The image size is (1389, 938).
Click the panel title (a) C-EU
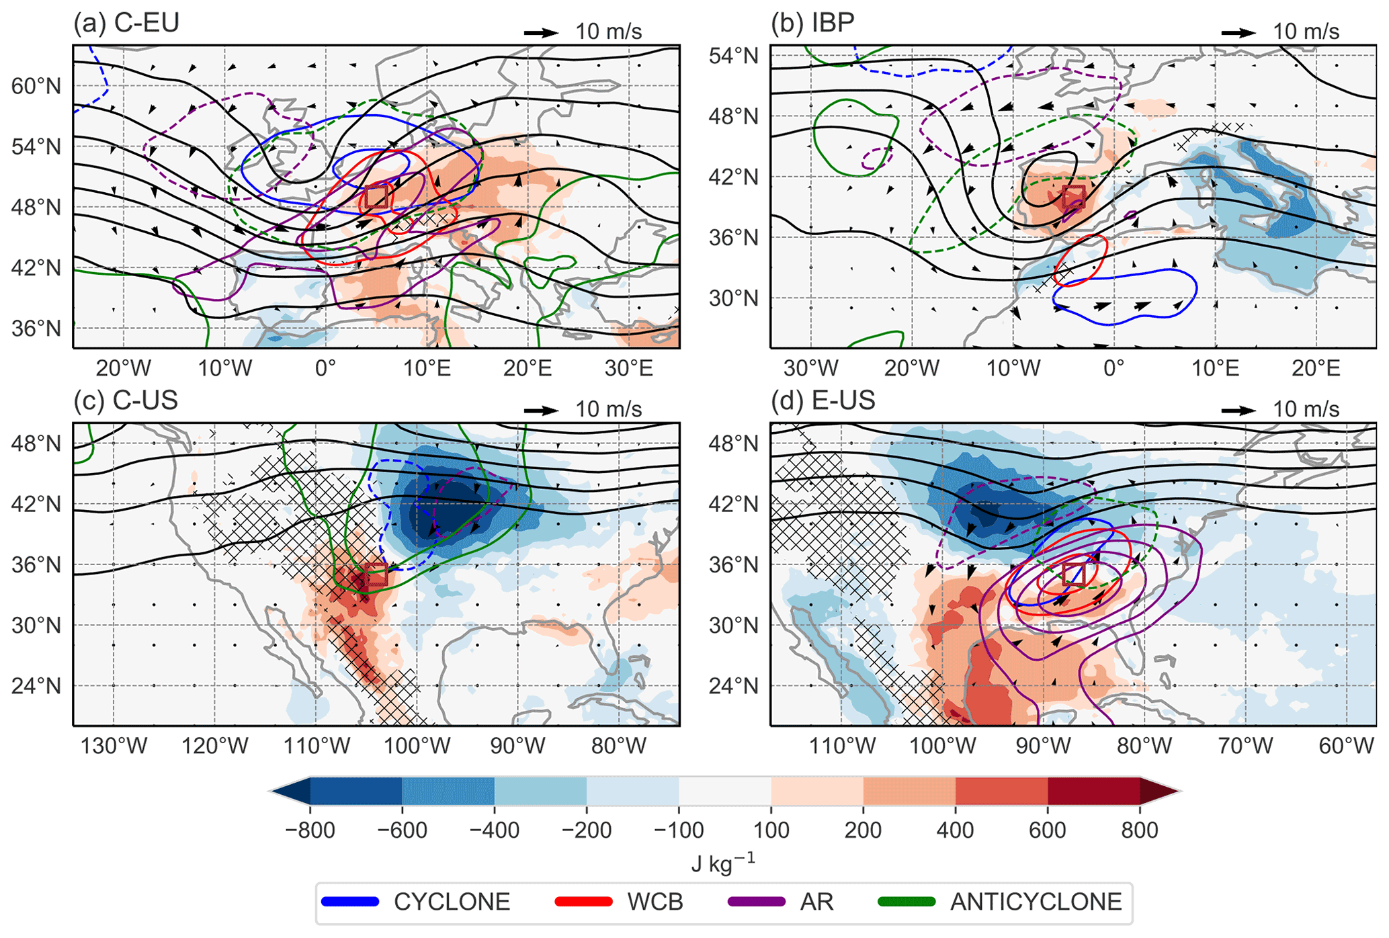click(126, 24)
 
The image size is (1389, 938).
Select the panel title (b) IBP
click(813, 24)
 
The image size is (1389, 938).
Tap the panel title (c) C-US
click(126, 400)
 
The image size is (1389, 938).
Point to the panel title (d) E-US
click(823, 400)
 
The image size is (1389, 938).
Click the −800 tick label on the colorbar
click(310, 830)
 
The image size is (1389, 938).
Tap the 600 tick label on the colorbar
click(1047, 830)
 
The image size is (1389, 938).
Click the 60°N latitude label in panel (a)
click(36, 86)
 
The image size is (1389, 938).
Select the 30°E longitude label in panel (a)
click(628, 368)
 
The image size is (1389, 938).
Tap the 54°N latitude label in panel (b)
click(733, 55)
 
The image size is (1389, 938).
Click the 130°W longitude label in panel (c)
click(114, 746)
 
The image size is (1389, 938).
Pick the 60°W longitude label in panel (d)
click(1346, 746)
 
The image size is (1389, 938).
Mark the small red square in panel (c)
click(376, 575)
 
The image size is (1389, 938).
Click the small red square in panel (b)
click(1074, 197)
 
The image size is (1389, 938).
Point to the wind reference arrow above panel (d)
click(1238, 409)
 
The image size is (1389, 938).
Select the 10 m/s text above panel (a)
click(608, 32)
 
